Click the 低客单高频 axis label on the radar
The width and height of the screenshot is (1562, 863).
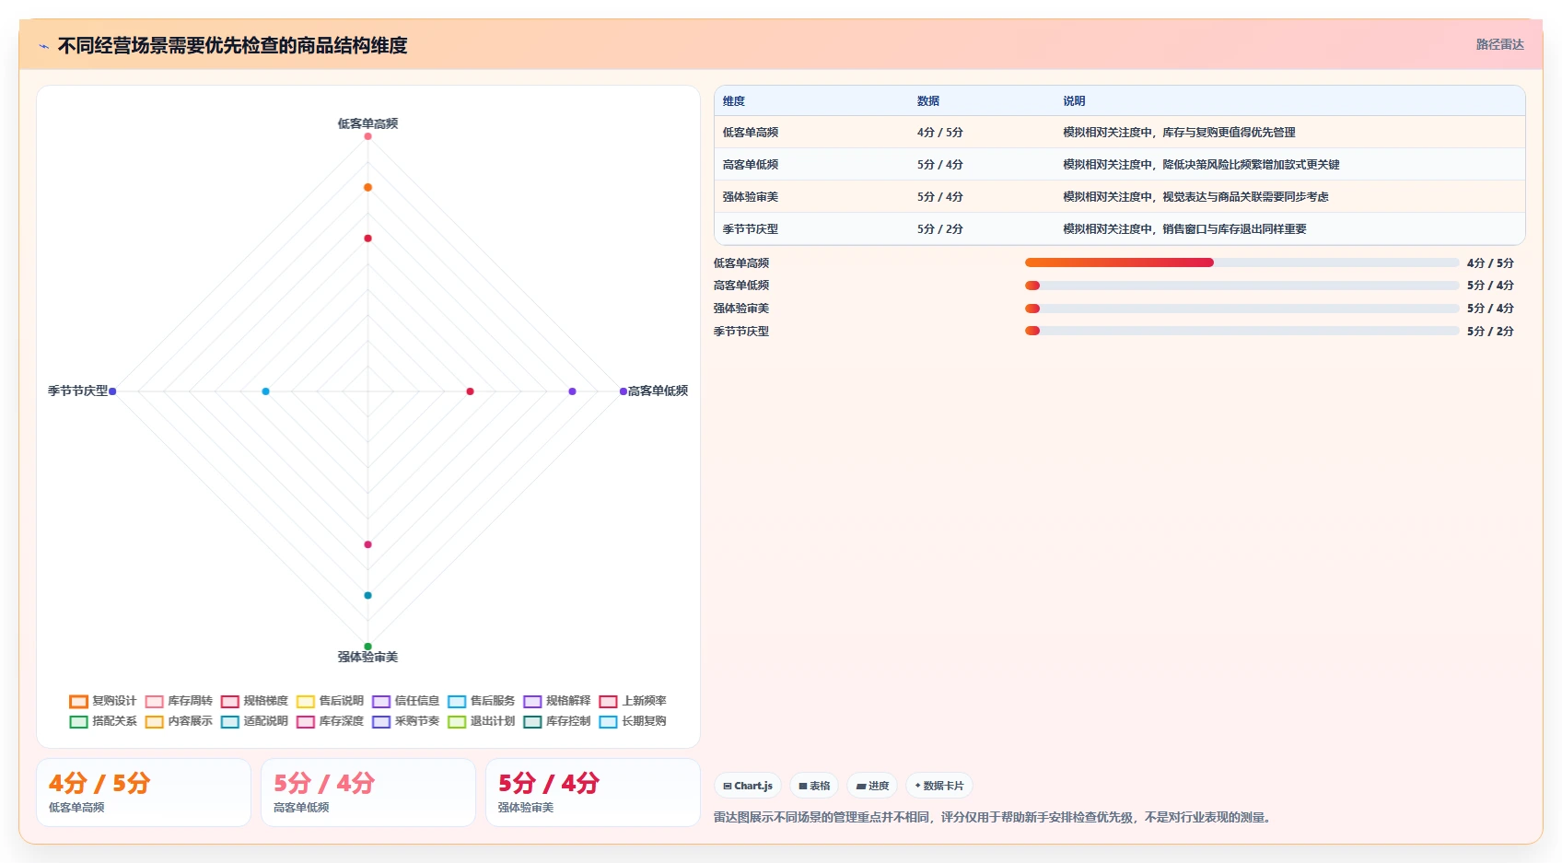coord(367,123)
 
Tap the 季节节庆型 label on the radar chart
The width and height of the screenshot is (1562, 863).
coord(77,391)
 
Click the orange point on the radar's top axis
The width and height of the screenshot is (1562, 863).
coord(367,188)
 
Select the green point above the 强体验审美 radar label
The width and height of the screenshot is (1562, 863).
coord(367,647)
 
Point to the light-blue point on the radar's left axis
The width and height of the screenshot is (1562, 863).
coord(265,391)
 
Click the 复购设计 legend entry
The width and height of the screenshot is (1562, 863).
coord(103,701)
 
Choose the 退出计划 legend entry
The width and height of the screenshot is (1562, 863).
coord(481,721)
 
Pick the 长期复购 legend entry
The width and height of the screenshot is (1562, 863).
coord(633,721)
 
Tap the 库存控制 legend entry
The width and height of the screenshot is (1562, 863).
coord(557,721)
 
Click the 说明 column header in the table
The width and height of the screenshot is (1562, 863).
coord(1074,101)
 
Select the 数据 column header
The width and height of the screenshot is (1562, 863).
coord(928,101)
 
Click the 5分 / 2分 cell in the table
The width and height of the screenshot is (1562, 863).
coord(940,229)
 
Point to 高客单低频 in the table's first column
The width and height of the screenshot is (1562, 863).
coord(751,165)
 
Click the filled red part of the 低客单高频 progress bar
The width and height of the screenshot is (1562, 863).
coord(1119,262)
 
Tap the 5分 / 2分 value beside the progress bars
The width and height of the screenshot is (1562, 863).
coord(1490,332)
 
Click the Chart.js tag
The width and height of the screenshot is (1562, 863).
coord(748,786)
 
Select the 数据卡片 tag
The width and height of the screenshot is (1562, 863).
coord(938,786)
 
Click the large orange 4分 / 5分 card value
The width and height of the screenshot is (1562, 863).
coord(99,783)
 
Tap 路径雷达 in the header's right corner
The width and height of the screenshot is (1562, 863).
coord(1500,44)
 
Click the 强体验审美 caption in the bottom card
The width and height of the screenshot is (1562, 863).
coord(526,807)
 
